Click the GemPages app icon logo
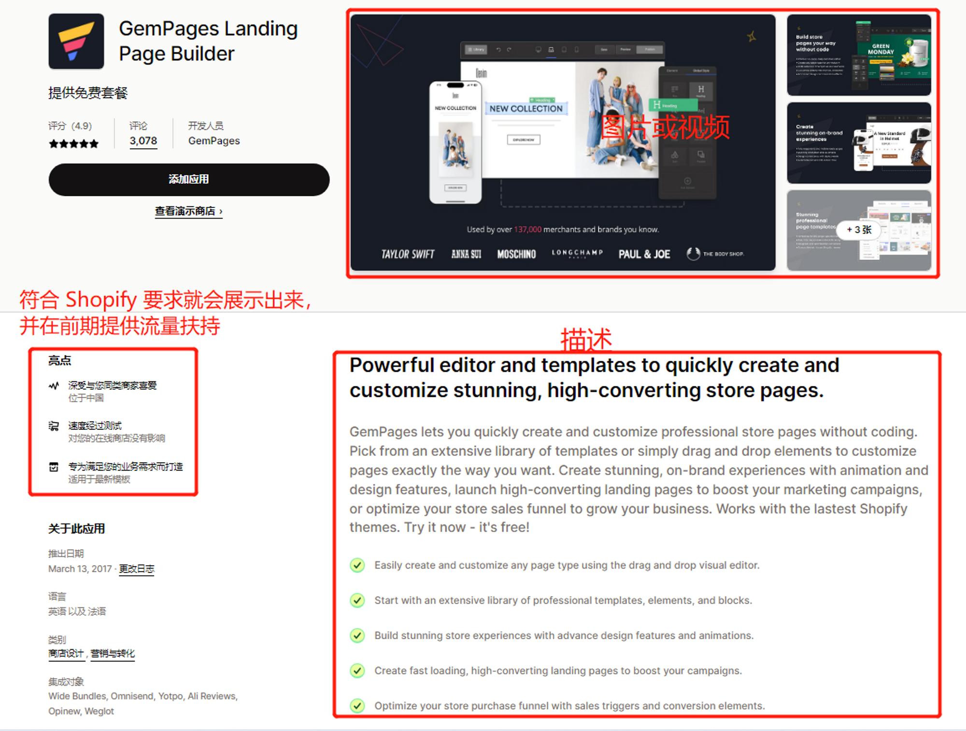pyautogui.click(x=76, y=41)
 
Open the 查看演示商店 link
pyautogui.click(x=188, y=211)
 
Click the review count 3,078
pyautogui.click(x=143, y=141)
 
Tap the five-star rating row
pyautogui.click(x=73, y=144)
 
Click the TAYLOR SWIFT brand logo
pyautogui.click(x=408, y=254)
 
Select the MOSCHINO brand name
pyautogui.click(x=516, y=254)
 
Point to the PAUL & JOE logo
pyautogui.click(x=644, y=254)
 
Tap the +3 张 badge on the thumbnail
pyautogui.click(x=859, y=230)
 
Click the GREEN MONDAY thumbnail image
pyautogui.click(x=859, y=55)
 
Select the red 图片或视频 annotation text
pyautogui.click(x=665, y=127)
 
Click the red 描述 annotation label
pyautogui.click(x=586, y=339)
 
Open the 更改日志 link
pyautogui.click(x=137, y=569)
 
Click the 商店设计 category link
pyautogui.click(x=66, y=654)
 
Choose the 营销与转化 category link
pyautogui.click(x=113, y=654)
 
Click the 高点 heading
pyautogui.click(x=60, y=360)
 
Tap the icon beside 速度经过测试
pyautogui.click(x=54, y=426)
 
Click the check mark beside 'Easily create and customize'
pyautogui.click(x=357, y=565)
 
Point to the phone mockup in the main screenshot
pyautogui.click(x=455, y=143)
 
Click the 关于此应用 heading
pyautogui.click(x=76, y=528)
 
